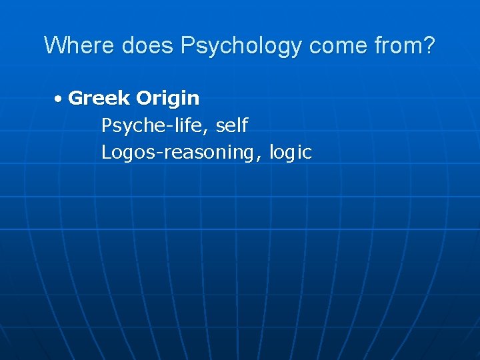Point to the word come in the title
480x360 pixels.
331,47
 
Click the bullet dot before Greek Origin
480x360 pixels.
59,99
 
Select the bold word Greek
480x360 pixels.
99,98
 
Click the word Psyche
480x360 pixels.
129,125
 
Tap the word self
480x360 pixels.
232,125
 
